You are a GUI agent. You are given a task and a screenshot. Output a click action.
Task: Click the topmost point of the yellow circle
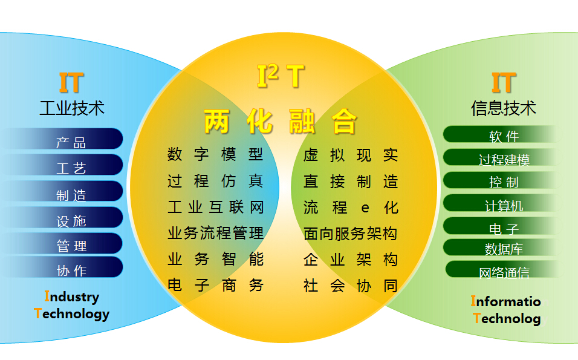(284, 33)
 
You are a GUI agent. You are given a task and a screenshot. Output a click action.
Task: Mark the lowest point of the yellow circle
(284, 344)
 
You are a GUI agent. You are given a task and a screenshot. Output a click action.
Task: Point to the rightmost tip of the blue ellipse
(279, 188)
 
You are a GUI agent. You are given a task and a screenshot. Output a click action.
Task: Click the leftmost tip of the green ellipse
(291, 188)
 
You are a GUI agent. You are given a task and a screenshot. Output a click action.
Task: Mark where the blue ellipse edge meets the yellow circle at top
(182, 70)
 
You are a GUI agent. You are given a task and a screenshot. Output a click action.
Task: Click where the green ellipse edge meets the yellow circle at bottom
(386, 306)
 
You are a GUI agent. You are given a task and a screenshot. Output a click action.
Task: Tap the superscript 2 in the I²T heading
(273, 72)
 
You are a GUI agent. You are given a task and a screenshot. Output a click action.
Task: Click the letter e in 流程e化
(365, 208)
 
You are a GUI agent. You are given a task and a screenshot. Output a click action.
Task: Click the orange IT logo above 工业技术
(71, 83)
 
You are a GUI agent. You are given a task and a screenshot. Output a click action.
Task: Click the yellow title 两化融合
(281, 122)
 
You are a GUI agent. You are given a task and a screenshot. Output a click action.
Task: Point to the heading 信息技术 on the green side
(504, 108)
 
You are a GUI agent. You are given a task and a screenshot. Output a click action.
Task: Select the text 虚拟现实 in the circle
(351, 155)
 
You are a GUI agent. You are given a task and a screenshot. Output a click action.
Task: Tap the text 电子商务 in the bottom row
(216, 285)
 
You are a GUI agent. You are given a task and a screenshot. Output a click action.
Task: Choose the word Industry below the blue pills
(72, 297)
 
